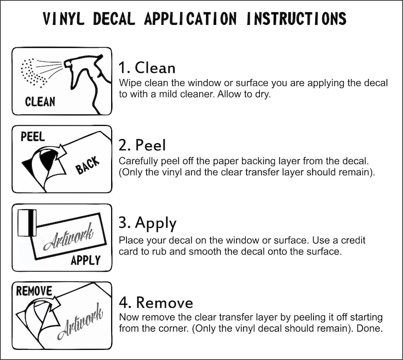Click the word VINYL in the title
pyautogui.click(x=63, y=19)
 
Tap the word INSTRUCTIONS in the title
pyautogui.click(x=296, y=19)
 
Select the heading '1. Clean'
pyautogui.click(x=147, y=68)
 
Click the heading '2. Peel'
pyautogui.click(x=142, y=145)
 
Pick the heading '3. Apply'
pyautogui.click(x=148, y=224)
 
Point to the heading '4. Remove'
pyautogui.click(x=156, y=303)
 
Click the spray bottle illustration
pyautogui.click(x=87, y=82)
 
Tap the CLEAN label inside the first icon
pyautogui.click(x=40, y=102)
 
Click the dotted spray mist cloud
pyautogui.click(x=32, y=73)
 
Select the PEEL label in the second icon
pyautogui.click(x=32, y=137)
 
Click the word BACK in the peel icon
pyautogui.click(x=87, y=165)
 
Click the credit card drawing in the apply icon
pyautogui.click(x=27, y=223)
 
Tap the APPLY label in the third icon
pyautogui.click(x=86, y=260)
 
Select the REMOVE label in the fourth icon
pyautogui.click(x=34, y=291)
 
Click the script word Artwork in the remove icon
pyautogui.click(x=80, y=321)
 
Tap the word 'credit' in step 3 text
pyautogui.click(x=353, y=240)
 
